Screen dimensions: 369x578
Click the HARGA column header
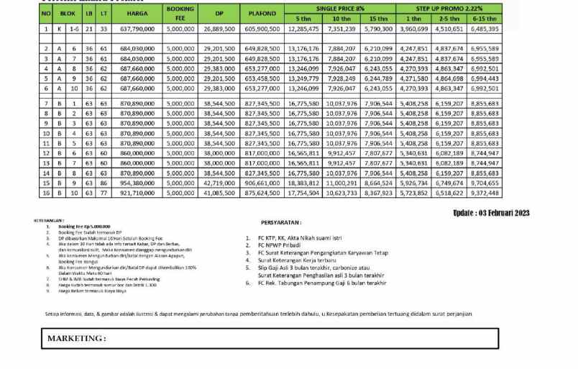pos(135,12)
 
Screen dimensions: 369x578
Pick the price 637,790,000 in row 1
pos(135,29)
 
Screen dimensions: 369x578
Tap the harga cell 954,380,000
pos(135,183)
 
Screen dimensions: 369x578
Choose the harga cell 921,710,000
pos(135,193)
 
